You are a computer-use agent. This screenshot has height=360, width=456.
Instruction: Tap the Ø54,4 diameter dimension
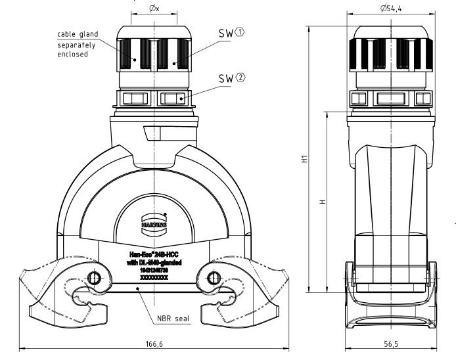click(392, 9)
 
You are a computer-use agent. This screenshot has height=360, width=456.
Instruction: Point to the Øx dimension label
click(152, 9)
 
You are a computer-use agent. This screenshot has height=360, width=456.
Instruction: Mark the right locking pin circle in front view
click(213, 278)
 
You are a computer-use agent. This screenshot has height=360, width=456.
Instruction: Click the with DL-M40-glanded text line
click(152, 262)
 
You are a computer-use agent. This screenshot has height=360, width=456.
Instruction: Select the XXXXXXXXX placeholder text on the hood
click(152, 278)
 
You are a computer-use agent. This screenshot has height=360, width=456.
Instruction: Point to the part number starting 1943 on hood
click(152, 270)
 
